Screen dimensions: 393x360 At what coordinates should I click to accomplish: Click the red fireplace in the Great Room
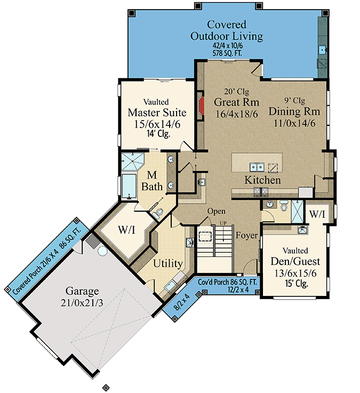pos(201,105)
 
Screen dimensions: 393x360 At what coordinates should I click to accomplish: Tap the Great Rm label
pos(236,102)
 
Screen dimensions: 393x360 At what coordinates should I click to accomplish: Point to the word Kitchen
pos(262,180)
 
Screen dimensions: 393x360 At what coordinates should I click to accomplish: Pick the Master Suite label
pos(157,113)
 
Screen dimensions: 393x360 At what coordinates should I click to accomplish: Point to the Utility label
pos(169,263)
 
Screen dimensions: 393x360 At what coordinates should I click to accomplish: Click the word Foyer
pos(247,235)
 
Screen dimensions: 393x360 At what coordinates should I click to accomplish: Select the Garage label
pos(83,291)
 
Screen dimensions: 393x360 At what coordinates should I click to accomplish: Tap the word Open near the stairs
pos(216,211)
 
